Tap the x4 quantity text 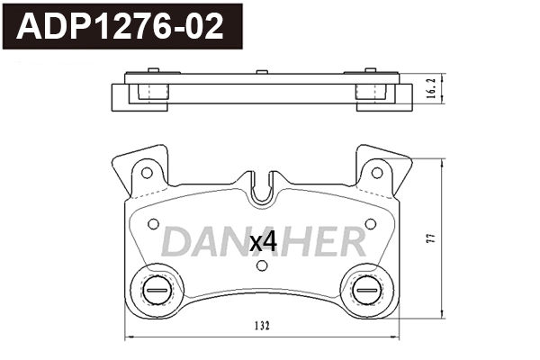(263, 241)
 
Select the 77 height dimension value (433, 238)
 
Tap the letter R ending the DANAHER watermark (349, 241)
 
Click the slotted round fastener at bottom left (153, 290)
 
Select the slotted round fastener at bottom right (365, 290)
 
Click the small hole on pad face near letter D (149, 222)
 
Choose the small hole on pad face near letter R (369, 222)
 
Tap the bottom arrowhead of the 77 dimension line (444, 316)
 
